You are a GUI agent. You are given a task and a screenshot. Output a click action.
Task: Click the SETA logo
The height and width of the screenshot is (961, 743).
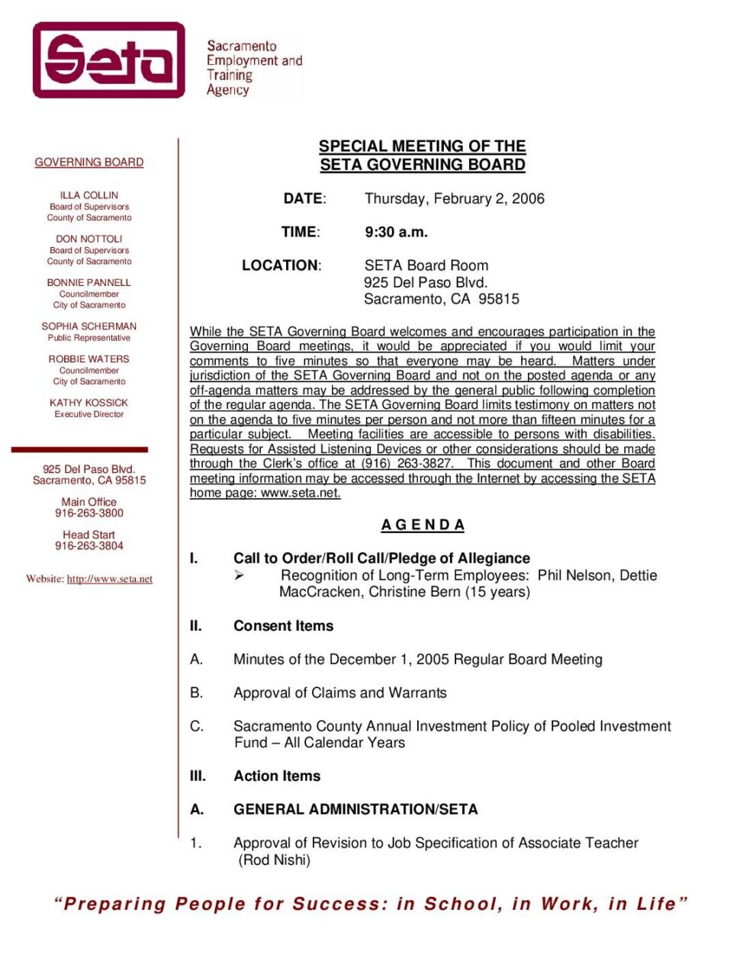tap(108, 60)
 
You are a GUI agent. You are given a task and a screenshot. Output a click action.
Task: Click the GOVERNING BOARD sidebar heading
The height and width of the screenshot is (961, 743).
tap(89, 162)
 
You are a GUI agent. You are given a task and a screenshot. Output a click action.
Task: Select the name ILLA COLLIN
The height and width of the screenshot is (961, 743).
tap(89, 195)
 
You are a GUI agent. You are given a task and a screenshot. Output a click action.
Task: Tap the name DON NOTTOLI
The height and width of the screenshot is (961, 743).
tap(89, 239)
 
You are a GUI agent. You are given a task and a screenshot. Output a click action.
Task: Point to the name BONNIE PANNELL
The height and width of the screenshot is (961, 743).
tap(89, 282)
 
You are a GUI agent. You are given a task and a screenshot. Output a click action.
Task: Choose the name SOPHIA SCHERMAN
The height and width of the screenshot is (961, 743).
tap(89, 326)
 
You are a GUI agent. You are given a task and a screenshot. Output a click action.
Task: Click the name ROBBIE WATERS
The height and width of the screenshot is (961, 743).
tap(89, 358)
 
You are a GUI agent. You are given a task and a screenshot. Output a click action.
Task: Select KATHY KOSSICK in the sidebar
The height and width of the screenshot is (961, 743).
tap(89, 402)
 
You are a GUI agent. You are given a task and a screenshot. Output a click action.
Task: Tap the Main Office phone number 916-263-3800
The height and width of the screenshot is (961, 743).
tap(89, 513)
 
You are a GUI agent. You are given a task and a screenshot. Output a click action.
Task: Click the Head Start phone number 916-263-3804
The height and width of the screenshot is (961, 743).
tap(89, 546)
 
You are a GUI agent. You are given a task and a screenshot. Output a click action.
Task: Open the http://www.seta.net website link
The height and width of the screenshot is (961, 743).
tap(110, 579)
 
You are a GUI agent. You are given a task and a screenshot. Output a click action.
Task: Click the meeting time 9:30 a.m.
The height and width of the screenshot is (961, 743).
tap(397, 232)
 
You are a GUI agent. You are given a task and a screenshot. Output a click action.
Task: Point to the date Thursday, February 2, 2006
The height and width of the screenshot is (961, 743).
tap(455, 199)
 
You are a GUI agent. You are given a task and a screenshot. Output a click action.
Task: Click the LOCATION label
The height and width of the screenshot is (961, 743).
tap(281, 265)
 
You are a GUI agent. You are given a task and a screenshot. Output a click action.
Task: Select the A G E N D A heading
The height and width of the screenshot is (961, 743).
tap(423, 525)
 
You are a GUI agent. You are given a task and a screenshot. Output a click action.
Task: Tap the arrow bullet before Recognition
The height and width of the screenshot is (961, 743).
tap(240, 576)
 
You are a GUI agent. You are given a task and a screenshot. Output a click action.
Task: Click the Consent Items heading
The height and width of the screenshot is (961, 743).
tap(284, 626)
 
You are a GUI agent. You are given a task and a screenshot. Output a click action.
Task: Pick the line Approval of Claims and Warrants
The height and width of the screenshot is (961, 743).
tap(340, 693)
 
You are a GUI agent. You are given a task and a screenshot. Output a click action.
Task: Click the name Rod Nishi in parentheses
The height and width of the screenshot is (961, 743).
tap(275, 860)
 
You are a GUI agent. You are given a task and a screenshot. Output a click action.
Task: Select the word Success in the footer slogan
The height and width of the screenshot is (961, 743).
tap(340, 905)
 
